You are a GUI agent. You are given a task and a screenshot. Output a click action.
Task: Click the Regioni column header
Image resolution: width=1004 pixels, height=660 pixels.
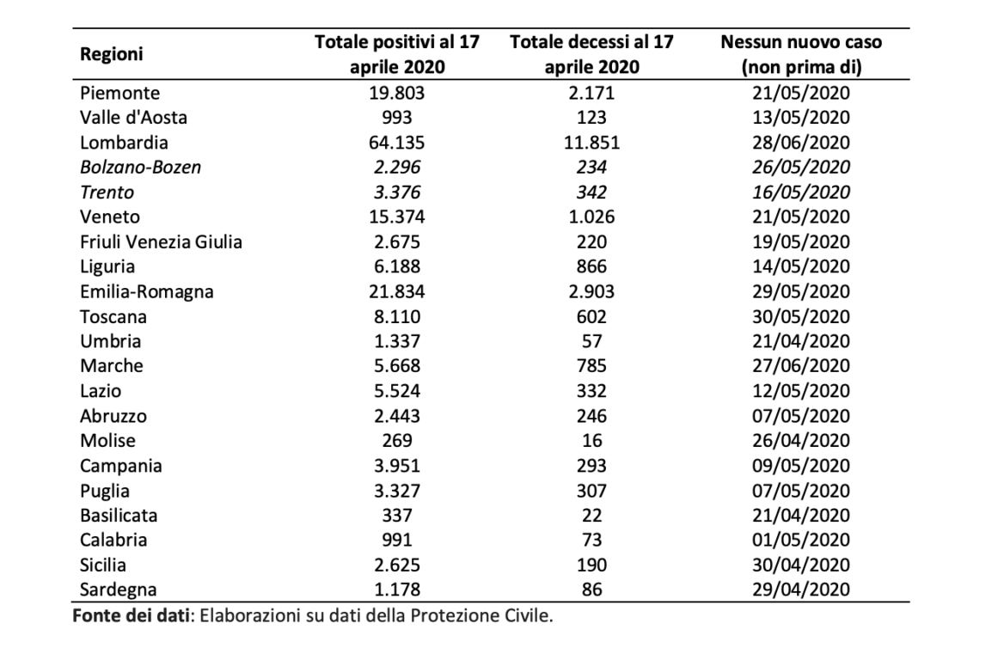tap(112, 54)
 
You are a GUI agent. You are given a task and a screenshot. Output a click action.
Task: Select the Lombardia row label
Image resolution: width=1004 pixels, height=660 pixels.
tap(124, 142)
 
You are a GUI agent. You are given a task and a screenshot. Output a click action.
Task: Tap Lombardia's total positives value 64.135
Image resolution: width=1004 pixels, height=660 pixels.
tap(396, 142)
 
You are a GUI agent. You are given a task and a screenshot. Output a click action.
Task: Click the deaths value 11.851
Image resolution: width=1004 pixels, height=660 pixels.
tap(591, 142)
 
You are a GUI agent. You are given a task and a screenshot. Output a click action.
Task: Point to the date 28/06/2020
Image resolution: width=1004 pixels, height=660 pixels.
tap(801, 142)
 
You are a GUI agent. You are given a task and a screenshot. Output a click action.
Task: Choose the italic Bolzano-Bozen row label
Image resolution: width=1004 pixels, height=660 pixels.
tap(140, 167)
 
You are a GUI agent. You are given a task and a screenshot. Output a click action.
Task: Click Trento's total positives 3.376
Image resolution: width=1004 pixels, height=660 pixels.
tap(396, 192)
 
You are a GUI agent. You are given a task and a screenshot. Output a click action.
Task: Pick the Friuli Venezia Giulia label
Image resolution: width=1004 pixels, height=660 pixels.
tap(161, 242)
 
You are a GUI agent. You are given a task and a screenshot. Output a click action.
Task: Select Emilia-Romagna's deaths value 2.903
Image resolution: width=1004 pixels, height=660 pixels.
tap(591, 292)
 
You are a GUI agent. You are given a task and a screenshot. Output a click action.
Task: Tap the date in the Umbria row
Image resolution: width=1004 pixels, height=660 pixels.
tap(801, 341)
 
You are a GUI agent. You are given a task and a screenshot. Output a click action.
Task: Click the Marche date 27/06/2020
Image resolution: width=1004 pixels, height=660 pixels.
tap(801, 366)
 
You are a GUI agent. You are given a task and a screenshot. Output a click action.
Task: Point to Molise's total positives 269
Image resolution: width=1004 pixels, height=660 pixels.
tap(396, 441)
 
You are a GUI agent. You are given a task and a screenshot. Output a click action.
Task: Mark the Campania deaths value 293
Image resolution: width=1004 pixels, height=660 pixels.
tap(591, 466)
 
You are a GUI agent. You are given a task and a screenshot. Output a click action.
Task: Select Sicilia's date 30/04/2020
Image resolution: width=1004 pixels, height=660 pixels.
tap(801, 565)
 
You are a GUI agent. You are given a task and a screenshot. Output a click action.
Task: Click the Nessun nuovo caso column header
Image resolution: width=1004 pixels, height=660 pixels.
tap(801, 54)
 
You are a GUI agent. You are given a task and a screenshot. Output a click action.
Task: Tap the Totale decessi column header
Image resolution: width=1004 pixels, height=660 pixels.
tap(591, 54)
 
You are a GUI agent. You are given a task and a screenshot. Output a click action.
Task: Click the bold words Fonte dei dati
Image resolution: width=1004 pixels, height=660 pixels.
tap(131, 616)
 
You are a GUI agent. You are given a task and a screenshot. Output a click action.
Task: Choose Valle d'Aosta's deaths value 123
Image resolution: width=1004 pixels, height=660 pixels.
tap(591, 118)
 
